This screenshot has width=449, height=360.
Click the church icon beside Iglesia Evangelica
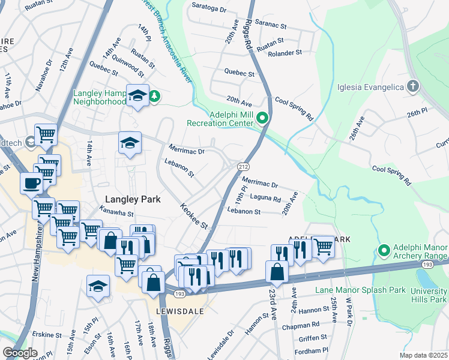pos(412,86)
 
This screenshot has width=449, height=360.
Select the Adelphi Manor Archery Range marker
pos(384,250)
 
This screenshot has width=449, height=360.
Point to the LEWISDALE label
pos(180,312)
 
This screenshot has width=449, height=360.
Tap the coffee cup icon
pos(31,182)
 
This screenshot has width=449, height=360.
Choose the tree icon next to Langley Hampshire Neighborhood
pos(154,96)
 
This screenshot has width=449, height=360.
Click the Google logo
pos(19,353)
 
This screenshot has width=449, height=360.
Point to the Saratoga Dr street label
pos(209,10)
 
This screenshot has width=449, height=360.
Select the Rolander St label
pos(285,53)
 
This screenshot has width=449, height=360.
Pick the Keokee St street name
pos(193,216)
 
